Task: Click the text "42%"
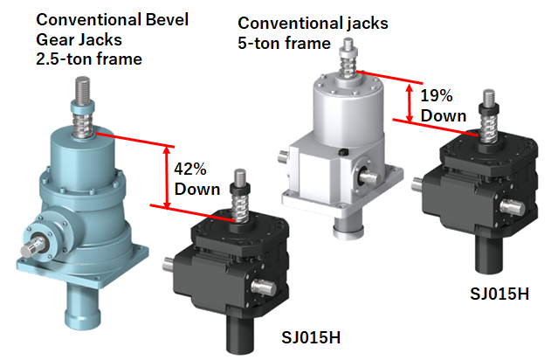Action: point(190,170)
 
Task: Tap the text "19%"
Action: point(436,95)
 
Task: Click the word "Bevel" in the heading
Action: point(167,19)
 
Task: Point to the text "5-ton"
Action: point(259,43)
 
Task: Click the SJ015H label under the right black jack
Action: point(499,294)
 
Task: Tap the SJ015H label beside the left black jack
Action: point(311,337)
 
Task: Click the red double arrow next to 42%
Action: point(168,177)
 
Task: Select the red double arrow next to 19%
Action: point(410,103)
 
